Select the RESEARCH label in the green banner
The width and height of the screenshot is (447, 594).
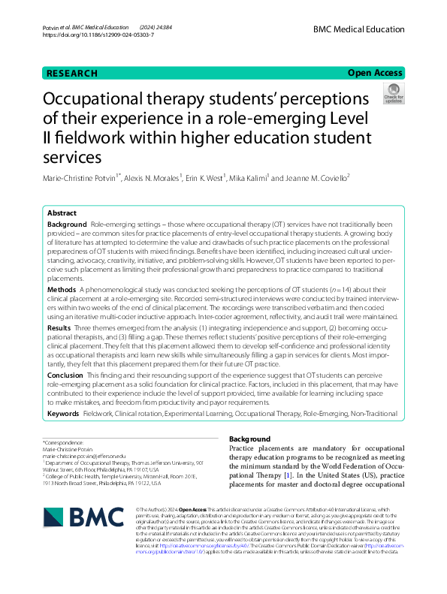click(72, 73)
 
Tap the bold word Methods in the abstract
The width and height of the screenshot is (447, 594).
click(62, 288)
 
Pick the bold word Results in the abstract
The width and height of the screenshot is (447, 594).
click(59, 328)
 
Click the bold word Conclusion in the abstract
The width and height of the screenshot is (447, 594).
click(65, 375)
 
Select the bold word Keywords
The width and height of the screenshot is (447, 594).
click(63, 414)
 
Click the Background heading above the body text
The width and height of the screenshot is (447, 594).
click(249, 439)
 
